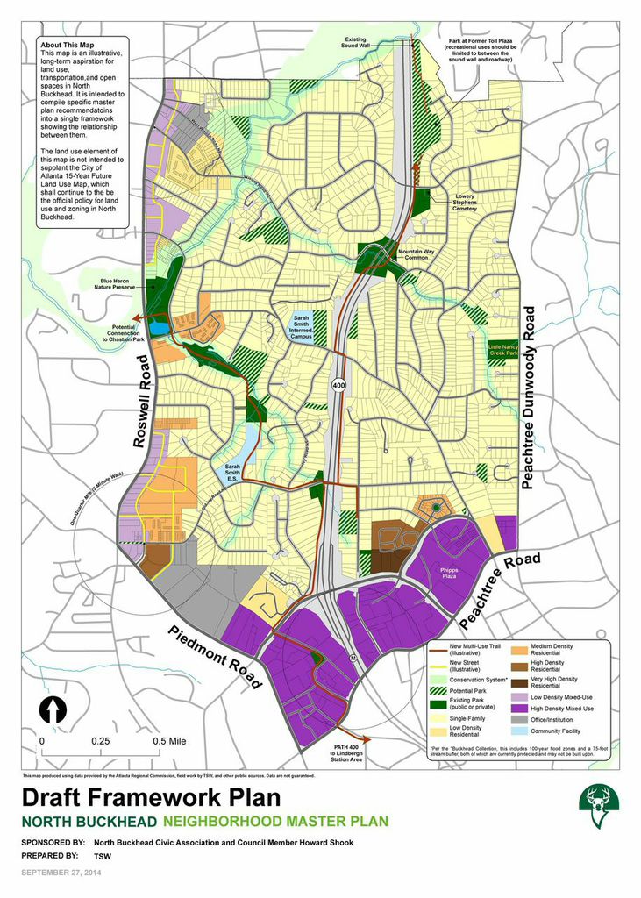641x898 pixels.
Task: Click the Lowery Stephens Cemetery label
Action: (465, 203)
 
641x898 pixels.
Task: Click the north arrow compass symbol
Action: (54, 709)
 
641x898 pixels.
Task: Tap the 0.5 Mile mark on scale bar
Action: (170, 740)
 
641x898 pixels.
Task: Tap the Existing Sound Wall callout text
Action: (355, 43)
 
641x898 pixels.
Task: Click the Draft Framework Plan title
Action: (151, 798)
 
